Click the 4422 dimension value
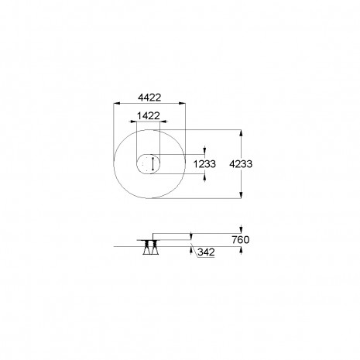coord(149,98)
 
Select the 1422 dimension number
coord(149,116)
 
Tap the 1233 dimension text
coord(204,164)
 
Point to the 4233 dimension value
coord(241,164)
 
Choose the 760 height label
coord(241,240)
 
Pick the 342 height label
coord(206,252)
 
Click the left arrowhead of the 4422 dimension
coord(117,104)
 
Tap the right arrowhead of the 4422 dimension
coord(182,104)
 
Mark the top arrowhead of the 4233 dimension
coord(241,133)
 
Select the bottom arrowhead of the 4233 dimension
coord(241,195)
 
